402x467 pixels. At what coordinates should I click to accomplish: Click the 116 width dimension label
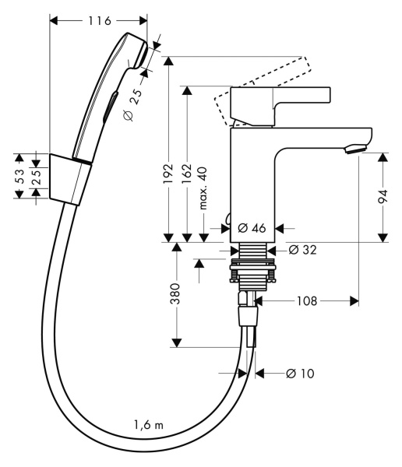(x=99, y=19)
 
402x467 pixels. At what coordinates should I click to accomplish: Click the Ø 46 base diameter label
(x=254, y=228)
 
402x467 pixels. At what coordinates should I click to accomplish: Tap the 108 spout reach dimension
(x=305, y=300)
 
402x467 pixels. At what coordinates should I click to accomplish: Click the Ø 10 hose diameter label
(x=299, y=374)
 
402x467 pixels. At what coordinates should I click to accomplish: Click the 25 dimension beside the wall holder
(x=35, y=177)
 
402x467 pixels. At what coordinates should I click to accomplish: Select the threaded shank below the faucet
(x=253, y=251)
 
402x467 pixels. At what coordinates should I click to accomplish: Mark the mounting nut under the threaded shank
(x=253, y=272)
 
